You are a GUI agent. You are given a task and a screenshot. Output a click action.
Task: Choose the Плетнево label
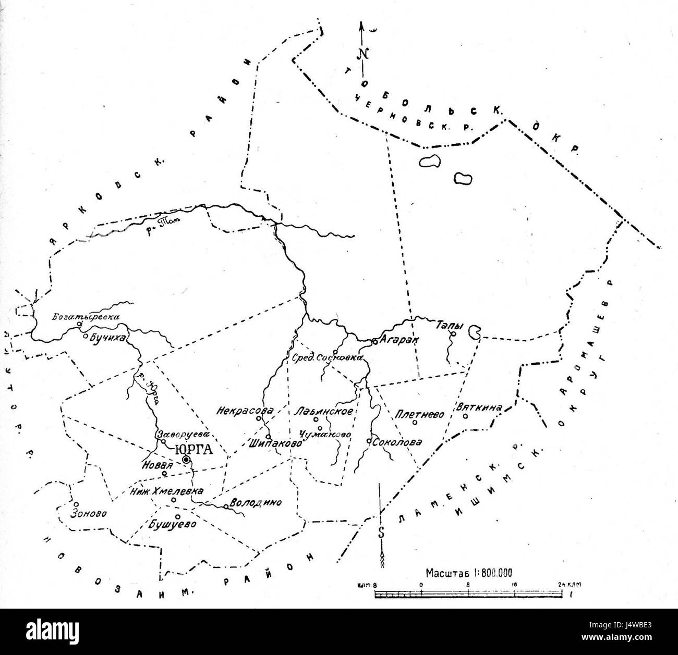(x=420, y=414)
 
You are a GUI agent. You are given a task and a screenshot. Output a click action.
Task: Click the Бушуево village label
(x=174, y=524)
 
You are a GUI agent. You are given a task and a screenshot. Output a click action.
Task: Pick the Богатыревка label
(x=87, y=316)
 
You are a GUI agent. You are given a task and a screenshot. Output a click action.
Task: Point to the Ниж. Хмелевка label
(x=167, y=491)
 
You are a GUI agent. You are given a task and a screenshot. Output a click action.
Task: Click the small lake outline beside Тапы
(x=475, y=331)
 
